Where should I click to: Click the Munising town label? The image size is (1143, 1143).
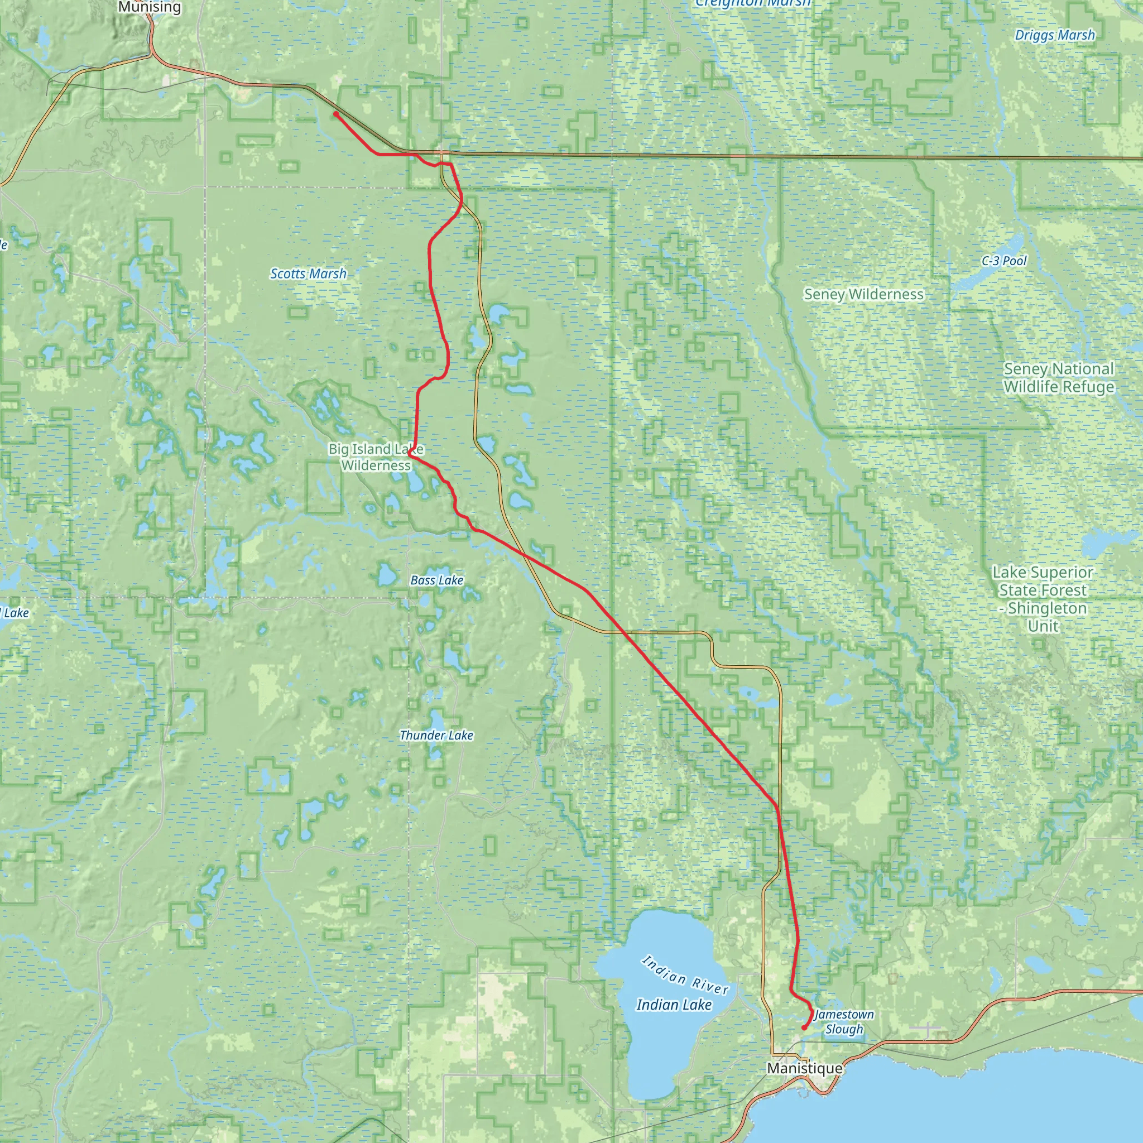pos(149,7)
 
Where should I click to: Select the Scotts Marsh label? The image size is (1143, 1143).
pos(308,273)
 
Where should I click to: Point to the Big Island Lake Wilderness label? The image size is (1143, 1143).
pos(376,457)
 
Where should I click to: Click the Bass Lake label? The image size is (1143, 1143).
pos(436,580)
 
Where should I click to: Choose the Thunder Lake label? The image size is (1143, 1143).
pos(436,736)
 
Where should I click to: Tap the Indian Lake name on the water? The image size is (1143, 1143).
pos(674,1004)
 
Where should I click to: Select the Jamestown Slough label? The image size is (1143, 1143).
pos(844,1021)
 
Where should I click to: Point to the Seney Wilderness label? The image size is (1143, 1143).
pos(863,294)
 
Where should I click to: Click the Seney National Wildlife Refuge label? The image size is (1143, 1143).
pos(1058,377)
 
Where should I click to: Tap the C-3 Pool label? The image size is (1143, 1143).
pos(1004,260)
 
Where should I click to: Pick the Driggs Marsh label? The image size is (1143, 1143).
pos(1055,35)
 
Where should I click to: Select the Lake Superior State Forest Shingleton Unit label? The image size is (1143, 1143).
pos(1043,599)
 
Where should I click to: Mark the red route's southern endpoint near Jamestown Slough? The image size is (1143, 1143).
pos(804,1027)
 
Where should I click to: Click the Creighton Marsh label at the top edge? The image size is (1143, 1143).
pos(752,3)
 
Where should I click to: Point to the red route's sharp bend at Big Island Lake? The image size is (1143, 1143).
pos(410,453)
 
